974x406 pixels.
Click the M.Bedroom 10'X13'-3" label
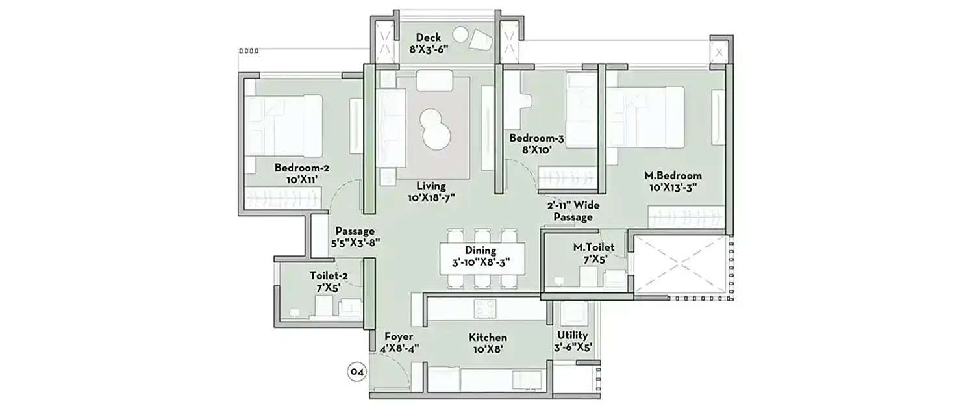[x=672, y=181]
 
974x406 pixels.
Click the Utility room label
[x=572, y=341]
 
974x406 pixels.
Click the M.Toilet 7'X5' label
[x=593, y=253]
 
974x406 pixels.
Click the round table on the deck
[x=460, y=34]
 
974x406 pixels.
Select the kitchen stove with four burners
[x=484, y=308]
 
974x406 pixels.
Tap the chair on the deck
[x=481, y=40]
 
